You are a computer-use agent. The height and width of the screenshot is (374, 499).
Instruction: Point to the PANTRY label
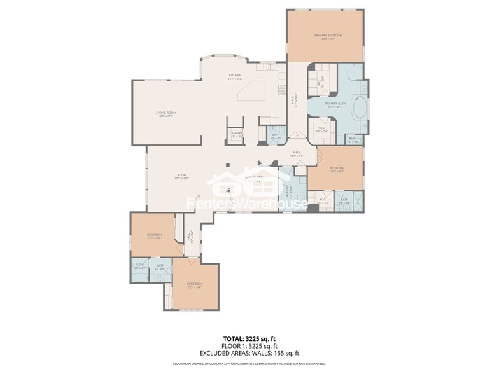tap(237, 134)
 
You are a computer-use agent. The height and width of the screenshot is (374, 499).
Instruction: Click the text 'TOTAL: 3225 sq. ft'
tap(250, 338)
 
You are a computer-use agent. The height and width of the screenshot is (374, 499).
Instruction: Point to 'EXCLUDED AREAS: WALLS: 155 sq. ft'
tap(250, 353)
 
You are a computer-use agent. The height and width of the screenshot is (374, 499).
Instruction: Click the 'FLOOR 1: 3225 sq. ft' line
tap(250, 346)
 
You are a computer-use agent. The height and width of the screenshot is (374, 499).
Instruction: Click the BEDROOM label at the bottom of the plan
tap(194, 284)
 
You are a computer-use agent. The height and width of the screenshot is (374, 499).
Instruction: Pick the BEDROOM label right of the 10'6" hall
tap(337, 169)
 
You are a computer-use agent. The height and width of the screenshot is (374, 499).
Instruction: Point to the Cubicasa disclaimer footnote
tap(250, 364)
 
